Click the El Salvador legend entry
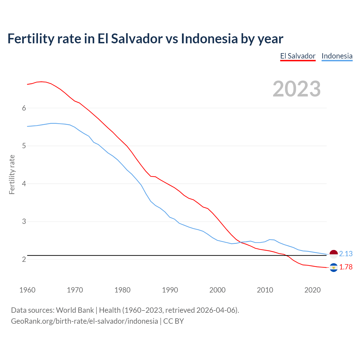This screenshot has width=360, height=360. coord(298,56)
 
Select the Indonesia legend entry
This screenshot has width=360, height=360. coord(337,56)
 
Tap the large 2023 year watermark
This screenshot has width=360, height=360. coord(297,89)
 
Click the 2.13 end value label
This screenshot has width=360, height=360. coord(346,254)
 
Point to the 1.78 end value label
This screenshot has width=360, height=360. coord(346,267)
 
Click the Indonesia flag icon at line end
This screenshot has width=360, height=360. coord(334,254)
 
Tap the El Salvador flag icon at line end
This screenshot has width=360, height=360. coord(334,267)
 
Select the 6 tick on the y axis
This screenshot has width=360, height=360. coord(24,108)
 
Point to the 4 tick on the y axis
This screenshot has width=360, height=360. coord(24,184)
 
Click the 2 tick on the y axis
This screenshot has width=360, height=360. coord(24,259)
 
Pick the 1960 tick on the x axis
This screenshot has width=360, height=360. coord(27,290)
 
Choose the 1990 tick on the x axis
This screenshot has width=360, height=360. coord(170,290)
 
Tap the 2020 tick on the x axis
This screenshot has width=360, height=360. coord(312,290)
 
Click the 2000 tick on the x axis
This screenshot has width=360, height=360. coord(217,290)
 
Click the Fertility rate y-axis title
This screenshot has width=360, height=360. coord(12,174)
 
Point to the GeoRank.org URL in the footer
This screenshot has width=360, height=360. coord(84,321)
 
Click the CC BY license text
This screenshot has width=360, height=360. coord(174,321)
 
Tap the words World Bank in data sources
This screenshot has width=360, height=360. coord(75,310)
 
